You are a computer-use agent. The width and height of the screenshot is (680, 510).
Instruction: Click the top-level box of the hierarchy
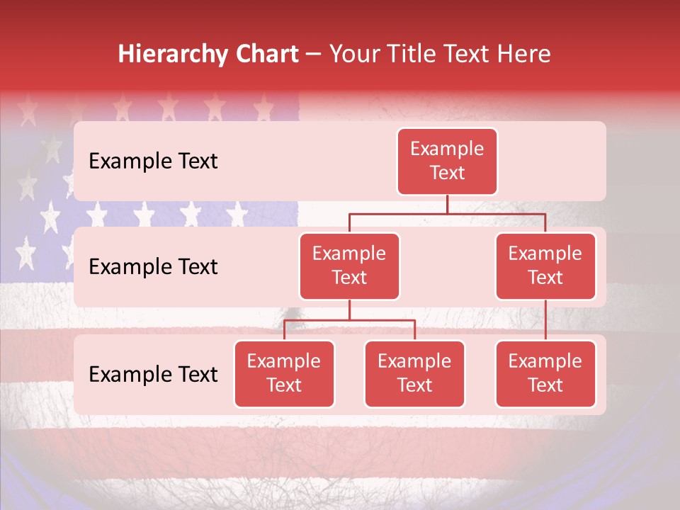447,161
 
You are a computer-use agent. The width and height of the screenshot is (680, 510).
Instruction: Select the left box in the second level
349,266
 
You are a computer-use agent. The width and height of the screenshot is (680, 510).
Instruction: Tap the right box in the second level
545,266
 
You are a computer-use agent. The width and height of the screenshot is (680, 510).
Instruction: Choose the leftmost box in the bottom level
284,374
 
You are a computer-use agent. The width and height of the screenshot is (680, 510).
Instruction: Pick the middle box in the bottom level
414,374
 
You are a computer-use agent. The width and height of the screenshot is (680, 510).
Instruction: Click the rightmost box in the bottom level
545,374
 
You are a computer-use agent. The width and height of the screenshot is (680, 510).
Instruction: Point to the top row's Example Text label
153,161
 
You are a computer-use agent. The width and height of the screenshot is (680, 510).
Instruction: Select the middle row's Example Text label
153,267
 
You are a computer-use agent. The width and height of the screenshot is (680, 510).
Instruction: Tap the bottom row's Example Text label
153,375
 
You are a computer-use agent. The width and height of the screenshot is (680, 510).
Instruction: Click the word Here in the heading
523,54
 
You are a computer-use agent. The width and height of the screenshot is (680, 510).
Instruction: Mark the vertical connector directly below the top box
447,204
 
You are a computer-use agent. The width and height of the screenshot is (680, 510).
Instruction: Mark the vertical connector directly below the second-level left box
349,310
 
